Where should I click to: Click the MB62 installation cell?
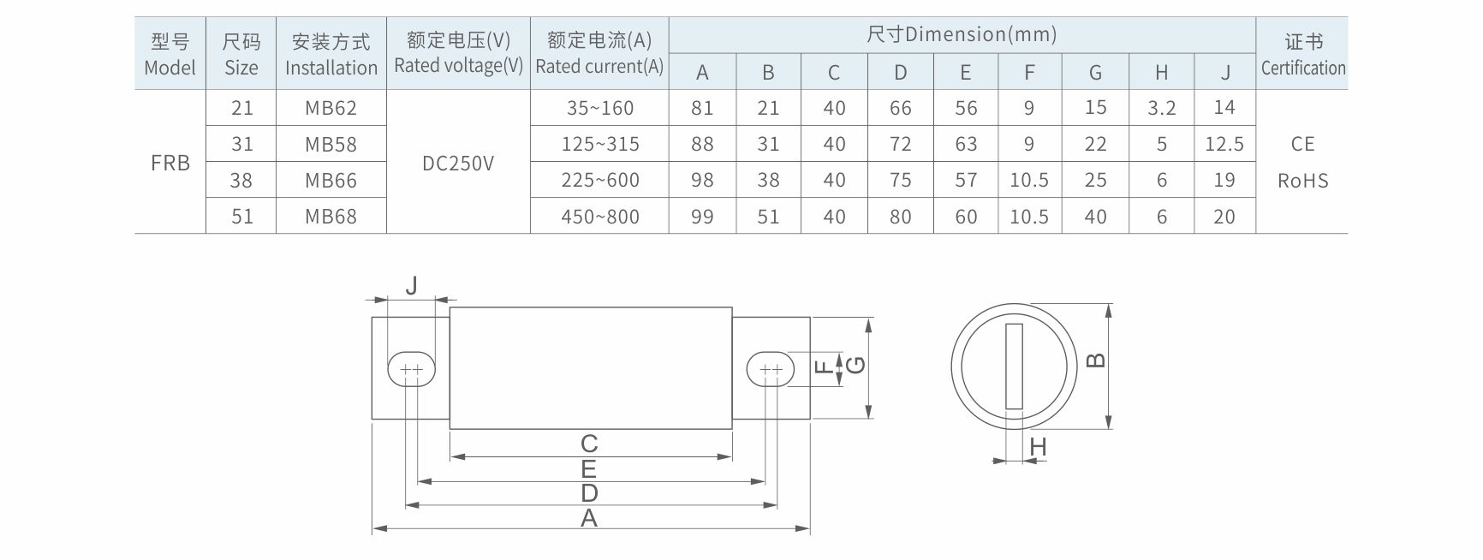click(x=331, y=108)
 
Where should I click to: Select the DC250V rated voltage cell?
click(x=458, y=163)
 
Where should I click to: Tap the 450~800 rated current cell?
click(x=600, y=217)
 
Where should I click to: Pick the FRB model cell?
click(x=170, y=163)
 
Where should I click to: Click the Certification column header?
click(x=1302, y=54)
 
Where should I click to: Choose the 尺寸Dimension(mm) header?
click(x=962, y=34)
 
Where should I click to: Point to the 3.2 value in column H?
click(x=1161, y=108)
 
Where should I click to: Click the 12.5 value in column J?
click(x=1224, y=144)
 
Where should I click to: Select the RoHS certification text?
click(x=1302, y=181)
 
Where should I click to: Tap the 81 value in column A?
click(x=702, y=108)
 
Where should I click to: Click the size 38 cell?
click(x=242, y=181)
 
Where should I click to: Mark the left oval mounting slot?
click(x=412, y=369)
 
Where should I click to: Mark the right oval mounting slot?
click(x=771, y=369)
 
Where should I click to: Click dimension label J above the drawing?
click(x=412, y=284)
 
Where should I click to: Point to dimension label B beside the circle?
click(x=1095, y=360)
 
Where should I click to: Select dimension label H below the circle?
click(x=1038, y=446)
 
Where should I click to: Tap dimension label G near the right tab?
click(x=855, y=366)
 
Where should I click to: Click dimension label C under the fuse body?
click(x=589, y=444)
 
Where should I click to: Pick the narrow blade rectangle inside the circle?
click(x=1015, y=366)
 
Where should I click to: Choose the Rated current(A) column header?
click(x=599, y=53)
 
